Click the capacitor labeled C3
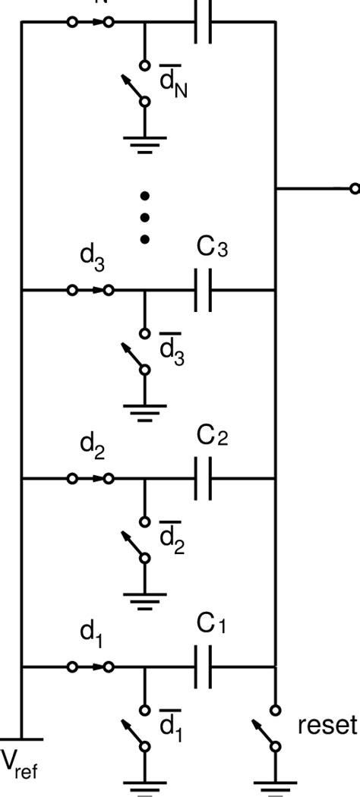coord(202,290)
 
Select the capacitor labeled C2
coord(202,479)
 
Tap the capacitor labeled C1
coord(202,667)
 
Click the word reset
coord(326,726)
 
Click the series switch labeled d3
coord(90,290)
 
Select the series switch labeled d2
coord(90,479)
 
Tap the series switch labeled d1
coord(90,667)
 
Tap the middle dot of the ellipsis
coord(144,218)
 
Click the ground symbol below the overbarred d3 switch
coord(144,414)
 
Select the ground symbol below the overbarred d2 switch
coord(144,603)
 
